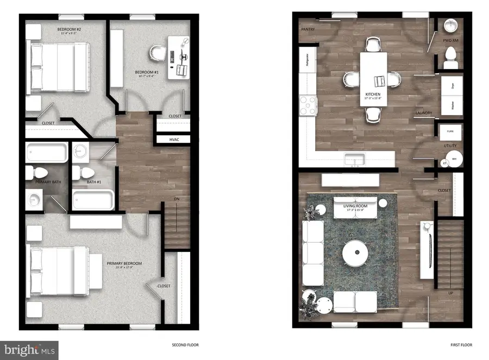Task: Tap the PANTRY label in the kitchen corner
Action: (308, 29)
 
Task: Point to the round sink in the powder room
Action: (450, 27)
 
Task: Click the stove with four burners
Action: (309, 104)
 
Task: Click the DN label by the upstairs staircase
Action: (177, 199)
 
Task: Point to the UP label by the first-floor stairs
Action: (450, 293)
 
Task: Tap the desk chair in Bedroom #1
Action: (156, 52)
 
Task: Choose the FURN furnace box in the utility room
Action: (450, 132)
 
